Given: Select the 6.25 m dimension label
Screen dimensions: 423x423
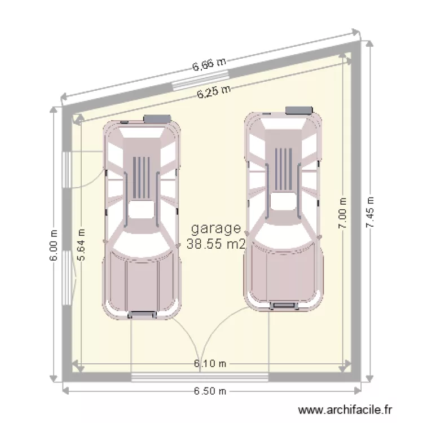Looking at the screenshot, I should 214,92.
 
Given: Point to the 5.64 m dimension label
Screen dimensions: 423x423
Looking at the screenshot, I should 81,244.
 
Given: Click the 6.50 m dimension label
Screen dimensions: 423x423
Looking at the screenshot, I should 210,391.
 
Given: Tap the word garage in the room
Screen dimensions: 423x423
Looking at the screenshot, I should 216,229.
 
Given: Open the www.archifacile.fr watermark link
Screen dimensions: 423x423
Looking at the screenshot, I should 345,411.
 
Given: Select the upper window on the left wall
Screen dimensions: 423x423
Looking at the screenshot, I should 66,170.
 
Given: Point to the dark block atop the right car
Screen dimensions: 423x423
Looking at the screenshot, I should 299,111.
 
